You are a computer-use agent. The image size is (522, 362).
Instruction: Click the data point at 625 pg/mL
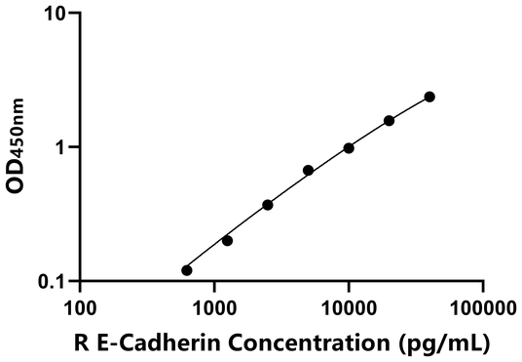tap(187, 270)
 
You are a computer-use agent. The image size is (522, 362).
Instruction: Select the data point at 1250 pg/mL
tap(227, 240)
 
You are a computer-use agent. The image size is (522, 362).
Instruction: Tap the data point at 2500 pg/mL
tap(268, 205)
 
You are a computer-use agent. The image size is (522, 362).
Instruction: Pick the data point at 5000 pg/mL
tap(308, 170)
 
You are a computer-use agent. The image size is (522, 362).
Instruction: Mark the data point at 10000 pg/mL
tap(349, 147)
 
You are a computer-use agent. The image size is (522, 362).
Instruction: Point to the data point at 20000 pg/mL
tap(389, 121)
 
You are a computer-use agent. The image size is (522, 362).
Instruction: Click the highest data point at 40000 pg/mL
tap(429, 97)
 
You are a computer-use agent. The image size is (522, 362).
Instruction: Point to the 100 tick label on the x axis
tap(80, 307)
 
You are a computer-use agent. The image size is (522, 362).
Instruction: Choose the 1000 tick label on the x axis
tap(214, 307)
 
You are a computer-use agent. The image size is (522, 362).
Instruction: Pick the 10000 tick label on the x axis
tap(349, 307)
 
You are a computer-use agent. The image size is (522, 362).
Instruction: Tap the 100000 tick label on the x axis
tap(483, 307)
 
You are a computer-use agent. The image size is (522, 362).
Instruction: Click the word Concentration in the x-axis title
tap(317, 342)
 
